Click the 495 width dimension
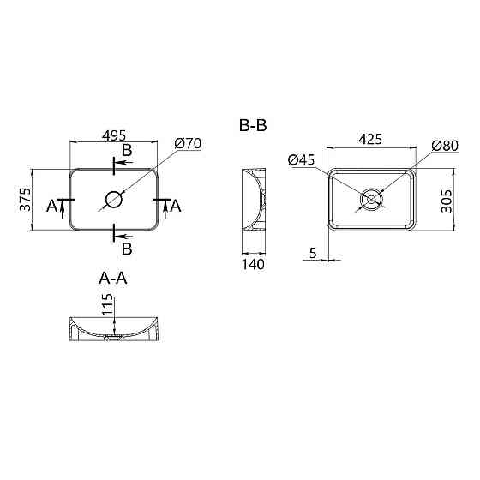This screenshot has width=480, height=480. coord(114,135)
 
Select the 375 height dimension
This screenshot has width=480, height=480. coord(25,199)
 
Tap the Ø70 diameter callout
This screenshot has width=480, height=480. coord(187,144)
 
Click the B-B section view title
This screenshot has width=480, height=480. coord(253,126)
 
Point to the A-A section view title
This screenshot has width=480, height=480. coord(114,278)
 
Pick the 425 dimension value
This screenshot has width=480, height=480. coord(371,139)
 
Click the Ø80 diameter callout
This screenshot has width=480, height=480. coord(445,145)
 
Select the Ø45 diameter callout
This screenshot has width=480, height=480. coord(303,159)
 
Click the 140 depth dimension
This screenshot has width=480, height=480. coord(254,264)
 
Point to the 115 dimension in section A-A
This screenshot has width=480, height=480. coord(107,305)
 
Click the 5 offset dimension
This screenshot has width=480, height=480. coord(314,253)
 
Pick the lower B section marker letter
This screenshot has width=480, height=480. coord(126,249)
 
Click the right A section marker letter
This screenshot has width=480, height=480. coord(176,206)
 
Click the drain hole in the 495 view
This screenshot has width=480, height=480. coord(114,200)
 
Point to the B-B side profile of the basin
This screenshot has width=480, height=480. coord(254,200)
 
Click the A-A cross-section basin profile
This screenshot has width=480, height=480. coord(114,330)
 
